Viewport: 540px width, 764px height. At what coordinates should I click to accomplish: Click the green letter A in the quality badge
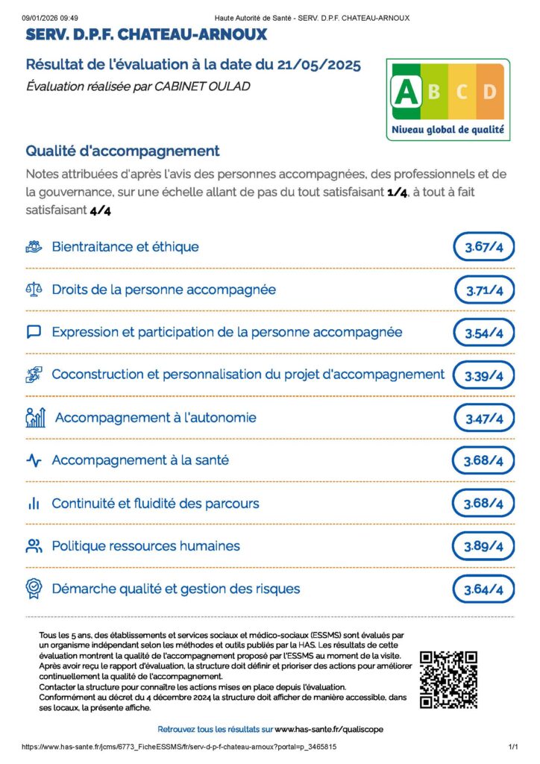click(x=406, y=92)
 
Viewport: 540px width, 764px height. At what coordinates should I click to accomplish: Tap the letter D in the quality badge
click(x=489, y=92)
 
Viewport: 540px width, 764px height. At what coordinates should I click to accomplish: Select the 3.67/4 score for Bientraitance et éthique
click(x=484, y=247)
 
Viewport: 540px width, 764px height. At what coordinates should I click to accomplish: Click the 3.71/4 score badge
click(x=484, y=290)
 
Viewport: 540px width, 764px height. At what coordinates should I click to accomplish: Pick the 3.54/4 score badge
click(x=484, y=333)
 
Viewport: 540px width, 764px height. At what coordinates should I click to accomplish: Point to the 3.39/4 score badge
click(x=484, y=376)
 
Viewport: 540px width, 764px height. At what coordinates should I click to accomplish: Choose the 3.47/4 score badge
click(x=484, y=419)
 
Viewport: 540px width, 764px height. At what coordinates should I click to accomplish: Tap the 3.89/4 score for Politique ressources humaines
click(x=484, y=547)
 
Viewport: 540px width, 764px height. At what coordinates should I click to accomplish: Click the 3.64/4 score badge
click(x=484, y=589)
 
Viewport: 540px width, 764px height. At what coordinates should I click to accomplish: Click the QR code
click(x=448, y=680)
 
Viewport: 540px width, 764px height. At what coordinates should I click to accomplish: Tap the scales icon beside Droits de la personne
click(x=34, y=289)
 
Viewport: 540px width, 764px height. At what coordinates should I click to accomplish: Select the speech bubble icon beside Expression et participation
click(x=34, y=332)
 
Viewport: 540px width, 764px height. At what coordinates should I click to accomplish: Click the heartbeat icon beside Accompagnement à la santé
click(x=34, y=460)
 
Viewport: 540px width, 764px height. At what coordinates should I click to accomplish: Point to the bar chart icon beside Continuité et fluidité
click(x=34, y=504)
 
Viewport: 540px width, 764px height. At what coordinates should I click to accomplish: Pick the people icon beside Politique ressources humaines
click(x=34, y=546)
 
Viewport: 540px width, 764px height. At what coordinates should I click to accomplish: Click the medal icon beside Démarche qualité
click(x=34, y=589)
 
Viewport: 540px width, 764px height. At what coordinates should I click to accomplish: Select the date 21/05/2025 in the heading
click(x=307, y=66)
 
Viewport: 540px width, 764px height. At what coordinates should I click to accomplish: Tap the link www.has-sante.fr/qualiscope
click(x=329, y=728)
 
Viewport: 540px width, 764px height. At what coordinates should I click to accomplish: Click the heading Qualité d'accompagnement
click(x=123, y=151)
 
